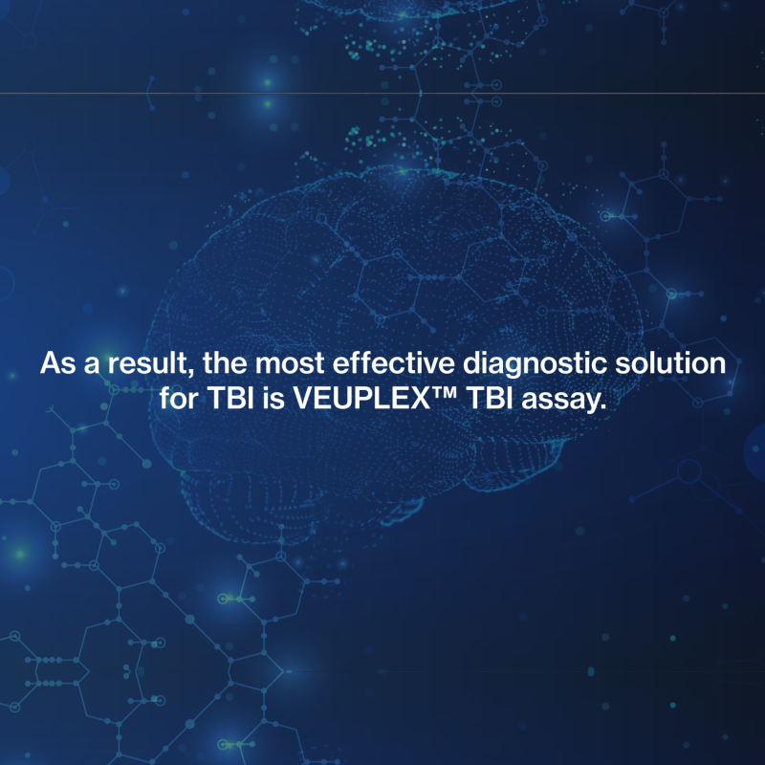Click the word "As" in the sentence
tap(57, 363)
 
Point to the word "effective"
tap(394, 363)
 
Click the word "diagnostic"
tap(535, 365)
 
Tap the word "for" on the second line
tap(179, 399)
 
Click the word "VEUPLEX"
tap(361, 399)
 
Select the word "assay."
tap(564, 401)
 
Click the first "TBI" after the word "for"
tap(230, 399)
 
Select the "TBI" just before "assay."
tap(490, 399)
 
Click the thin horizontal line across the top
tap(382, 93)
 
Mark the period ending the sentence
tap(603, 407)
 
